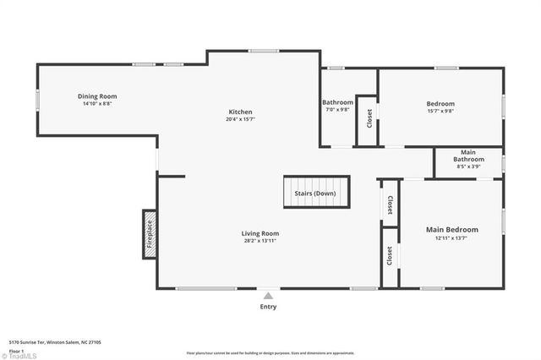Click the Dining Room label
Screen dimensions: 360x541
pos(97,96)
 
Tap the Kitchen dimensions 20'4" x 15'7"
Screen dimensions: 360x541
pos(240,119)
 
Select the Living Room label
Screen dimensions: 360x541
pos(260,233)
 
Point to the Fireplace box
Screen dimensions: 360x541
pos(150,234)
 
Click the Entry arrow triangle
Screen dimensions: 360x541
pos(268,296)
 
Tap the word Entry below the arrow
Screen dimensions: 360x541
pos(268,307)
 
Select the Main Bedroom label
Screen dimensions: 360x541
pos(451,230)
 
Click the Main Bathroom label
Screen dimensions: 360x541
pos(468,156)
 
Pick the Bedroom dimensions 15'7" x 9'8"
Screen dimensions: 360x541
pos(440,111)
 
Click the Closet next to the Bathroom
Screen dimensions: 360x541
pos(369,119)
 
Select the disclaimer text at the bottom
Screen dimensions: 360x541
pos(270,353)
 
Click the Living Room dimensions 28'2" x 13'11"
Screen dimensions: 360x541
pos(260,241)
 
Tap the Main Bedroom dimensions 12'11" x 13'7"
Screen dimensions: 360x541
pos(451,238)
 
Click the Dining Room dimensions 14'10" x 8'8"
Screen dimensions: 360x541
pos(97,104)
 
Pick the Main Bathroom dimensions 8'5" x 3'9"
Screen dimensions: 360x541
pos(468,166)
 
